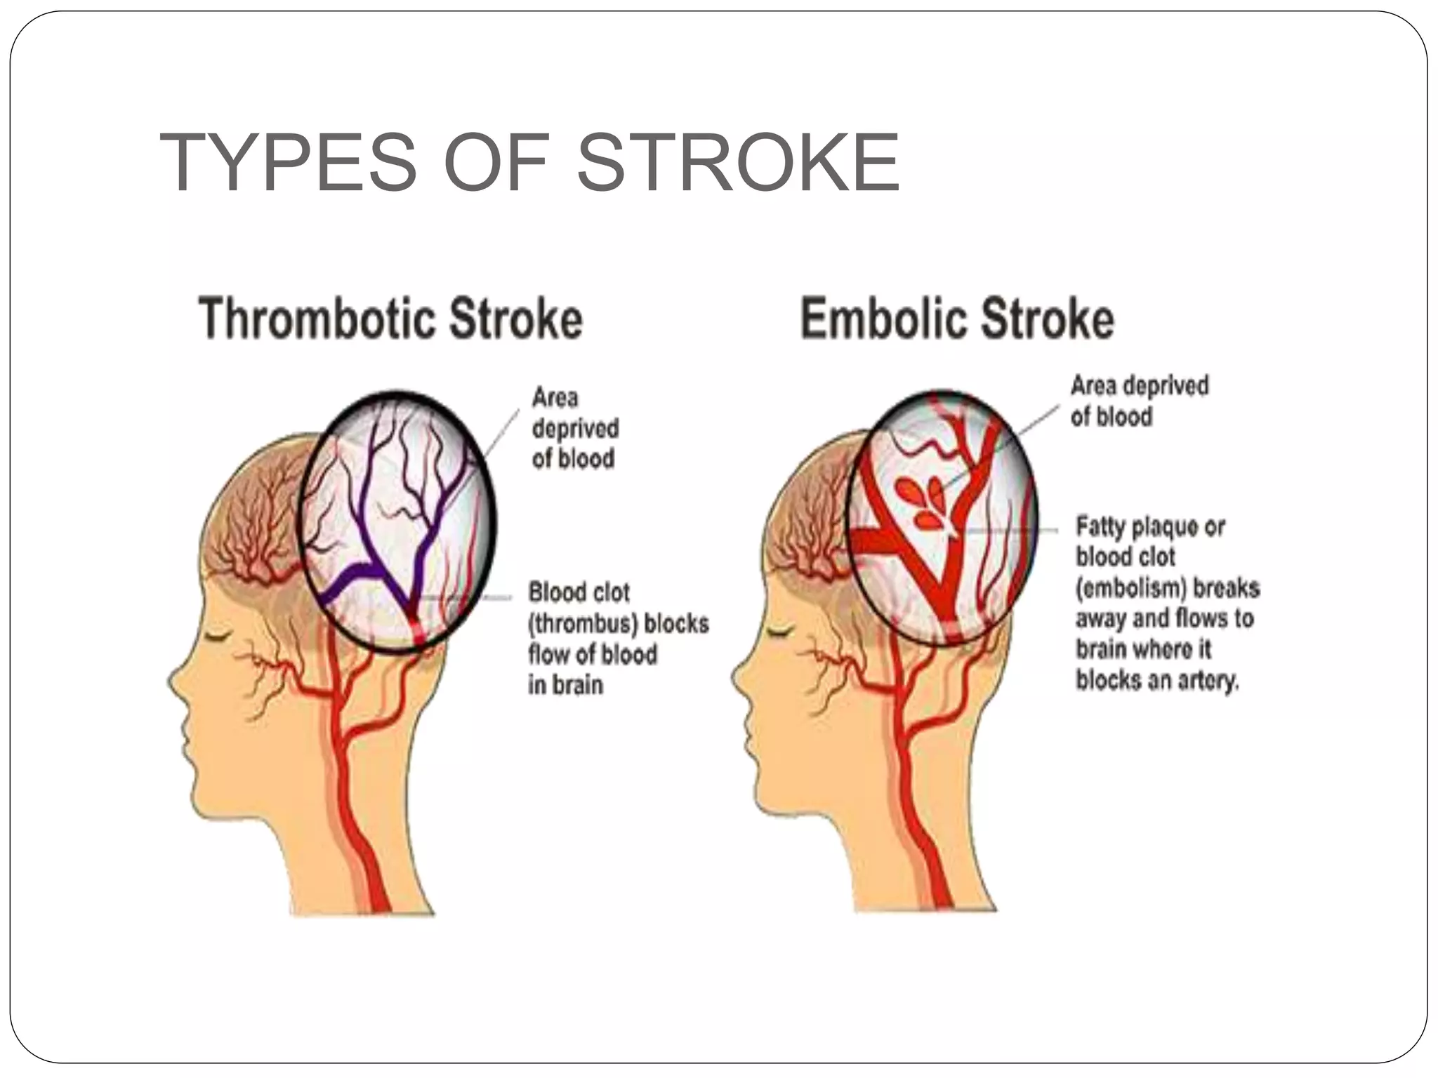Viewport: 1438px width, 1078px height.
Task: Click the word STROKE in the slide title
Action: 737,163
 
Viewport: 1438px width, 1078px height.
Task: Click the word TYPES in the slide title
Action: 288,163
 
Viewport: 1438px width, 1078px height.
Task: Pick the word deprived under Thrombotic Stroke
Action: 575,428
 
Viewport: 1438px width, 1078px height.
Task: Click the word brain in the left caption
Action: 564,685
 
